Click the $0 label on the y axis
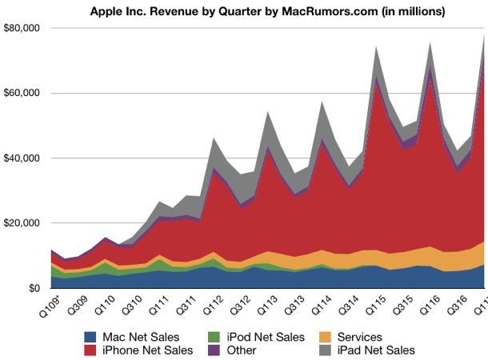click(x=33, y=288)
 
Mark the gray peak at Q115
click(x=377, y=47)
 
